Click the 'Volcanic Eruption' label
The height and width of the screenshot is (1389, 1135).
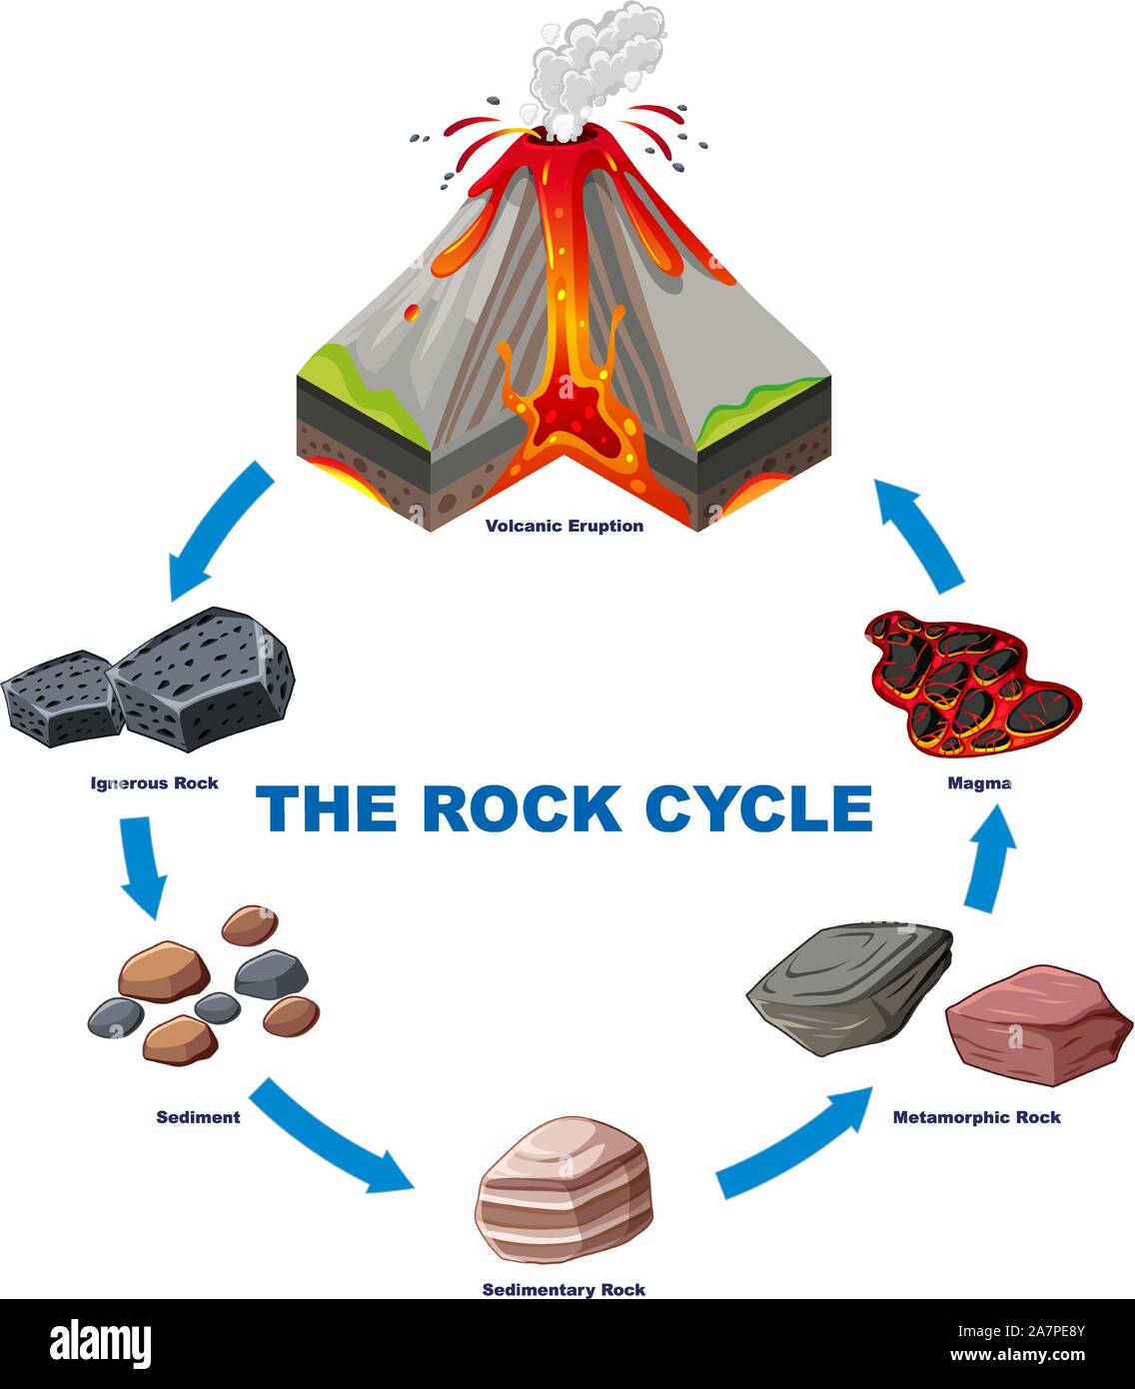click(565, 526)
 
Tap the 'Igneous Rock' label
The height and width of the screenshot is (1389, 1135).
click(155, 782)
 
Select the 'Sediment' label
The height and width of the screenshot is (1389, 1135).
click(198, 1117)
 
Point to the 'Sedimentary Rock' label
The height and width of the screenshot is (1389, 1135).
click(564, 1290)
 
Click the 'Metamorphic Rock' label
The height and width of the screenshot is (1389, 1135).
click(976, 1117)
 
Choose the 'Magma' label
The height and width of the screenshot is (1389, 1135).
click(979, 783)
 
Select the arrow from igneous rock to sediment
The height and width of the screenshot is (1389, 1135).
click(140, 864)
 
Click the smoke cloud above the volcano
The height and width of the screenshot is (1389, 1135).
click(589, 65)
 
